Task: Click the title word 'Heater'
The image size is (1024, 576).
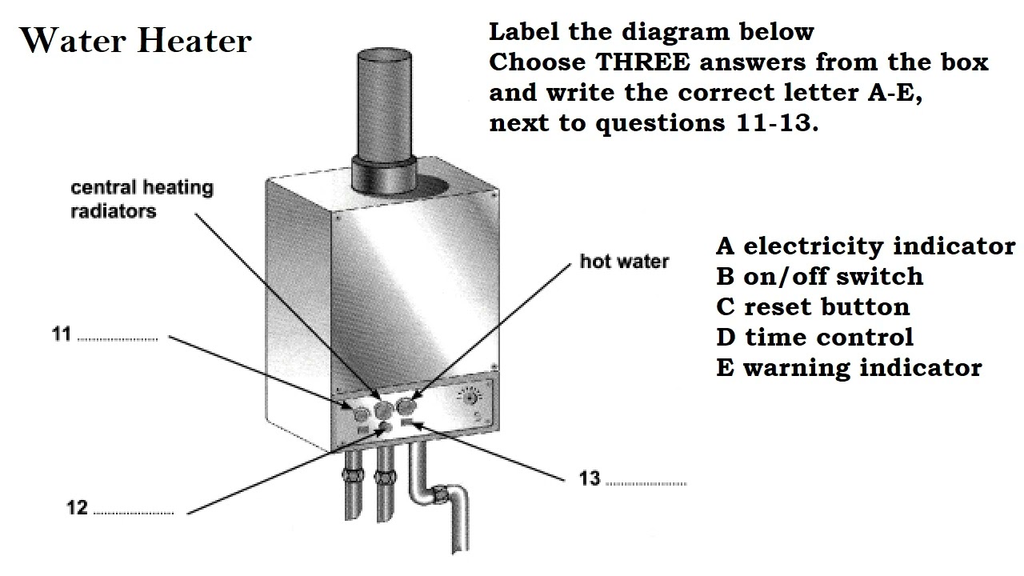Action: click(x=194, y=41)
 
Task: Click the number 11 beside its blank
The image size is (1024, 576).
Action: click(x=62, y=334)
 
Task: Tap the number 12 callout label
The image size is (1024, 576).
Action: click(x=77, y=507)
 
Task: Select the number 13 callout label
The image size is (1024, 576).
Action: click(x=590, y=478)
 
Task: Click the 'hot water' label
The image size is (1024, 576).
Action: click(x=624, y=262)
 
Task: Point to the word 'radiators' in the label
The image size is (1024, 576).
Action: click(x=114, y=211)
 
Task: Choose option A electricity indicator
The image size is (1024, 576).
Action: click(x=866, y=246)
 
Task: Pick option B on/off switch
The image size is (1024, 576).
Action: click(x=819, y=276)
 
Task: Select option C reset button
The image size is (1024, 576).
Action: click(x=813, y=306)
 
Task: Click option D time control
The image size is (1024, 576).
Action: click(x=814, y=337)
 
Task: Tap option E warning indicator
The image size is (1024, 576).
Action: click(x=849, y=367)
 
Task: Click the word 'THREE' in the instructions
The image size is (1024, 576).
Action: click(x=642, y=62)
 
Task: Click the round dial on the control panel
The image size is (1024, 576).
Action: click(x=470, y=398)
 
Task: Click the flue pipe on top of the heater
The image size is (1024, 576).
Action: click(x=385, y=120)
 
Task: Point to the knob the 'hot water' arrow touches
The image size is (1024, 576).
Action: click(x=406, y=406)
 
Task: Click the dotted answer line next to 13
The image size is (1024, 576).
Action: click(x=646, y=484)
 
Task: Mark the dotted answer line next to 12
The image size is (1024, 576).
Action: click(x=133, y=513)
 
